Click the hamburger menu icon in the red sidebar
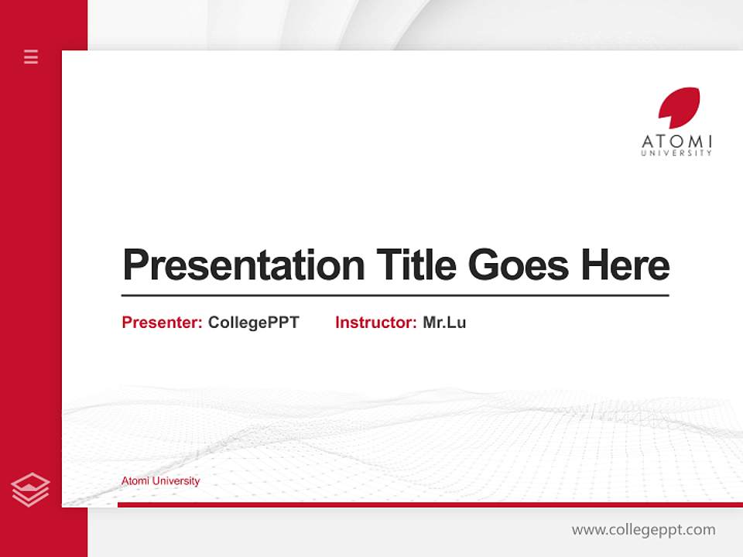point(31,56)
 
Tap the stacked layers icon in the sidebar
point(30,490)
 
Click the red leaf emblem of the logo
point(679,108)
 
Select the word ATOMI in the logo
point(676,142)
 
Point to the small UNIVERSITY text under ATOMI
point(676,153)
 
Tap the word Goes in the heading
point(519,265)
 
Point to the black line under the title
point(395,296)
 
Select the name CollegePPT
point(253,323)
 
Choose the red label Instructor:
point(376,323)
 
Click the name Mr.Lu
point(444,323)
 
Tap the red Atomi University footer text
point(160,481)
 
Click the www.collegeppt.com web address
point(643,530)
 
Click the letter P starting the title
point(135,265)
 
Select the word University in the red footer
point(176,481)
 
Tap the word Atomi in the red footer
point(135,481)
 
